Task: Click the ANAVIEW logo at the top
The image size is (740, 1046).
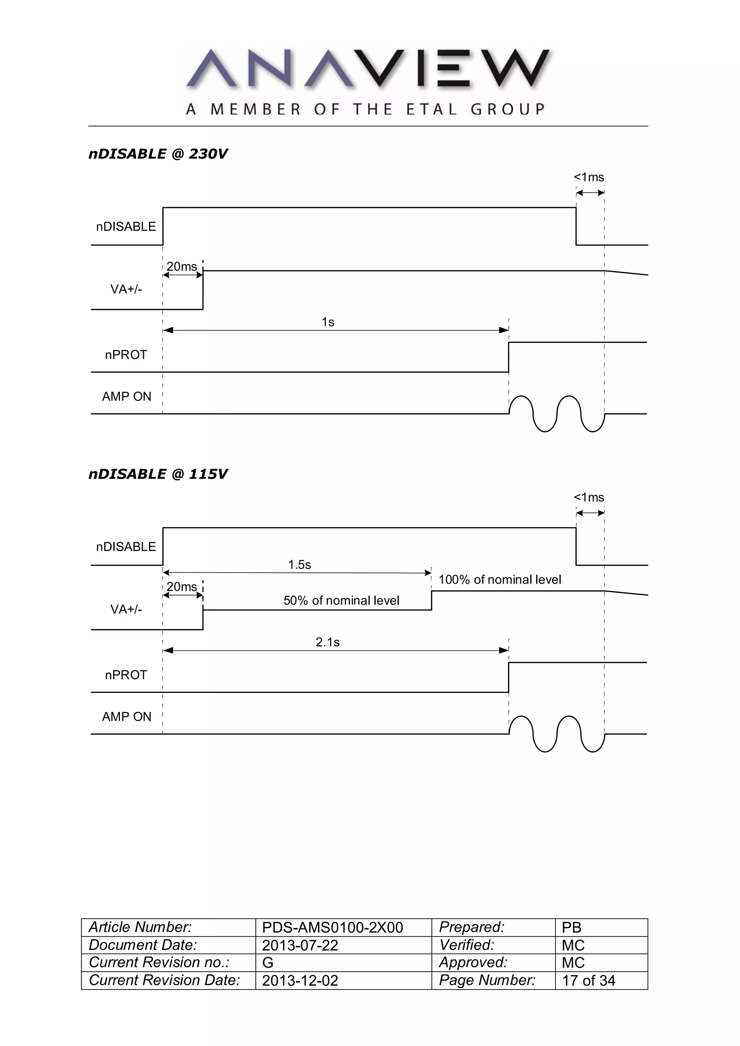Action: (x=367, y=81)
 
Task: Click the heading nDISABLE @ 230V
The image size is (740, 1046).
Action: (x=158, y=154)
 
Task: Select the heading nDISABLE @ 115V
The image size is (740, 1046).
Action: (x=158, y=474)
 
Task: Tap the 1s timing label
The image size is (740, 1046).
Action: (x=328, y=322)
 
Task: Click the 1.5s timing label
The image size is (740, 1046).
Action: (x=299, y=565)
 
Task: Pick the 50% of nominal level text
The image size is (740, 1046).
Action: (x=341, y=601)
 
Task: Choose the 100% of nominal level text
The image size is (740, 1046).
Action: (x=500, y=580)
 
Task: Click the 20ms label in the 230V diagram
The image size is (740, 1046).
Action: (x=181, y=266)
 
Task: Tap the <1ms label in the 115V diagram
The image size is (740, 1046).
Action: (x=589, y=497)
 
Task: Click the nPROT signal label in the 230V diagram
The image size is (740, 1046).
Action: (x=126, y=354)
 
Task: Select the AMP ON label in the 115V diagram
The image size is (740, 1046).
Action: (x=126, y=716)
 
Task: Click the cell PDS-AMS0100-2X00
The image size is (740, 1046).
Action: (x=332, y=928)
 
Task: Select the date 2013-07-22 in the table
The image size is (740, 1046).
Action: (x=300, y=945)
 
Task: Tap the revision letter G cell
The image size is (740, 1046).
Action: (x=268, y=963)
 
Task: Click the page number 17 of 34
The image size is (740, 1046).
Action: (x=588, y=980)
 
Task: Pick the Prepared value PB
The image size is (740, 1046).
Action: (x=571, y=928)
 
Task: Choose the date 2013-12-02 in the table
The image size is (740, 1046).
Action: (x=300, y=980)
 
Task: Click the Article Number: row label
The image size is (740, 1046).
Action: (x=140, y=927)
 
